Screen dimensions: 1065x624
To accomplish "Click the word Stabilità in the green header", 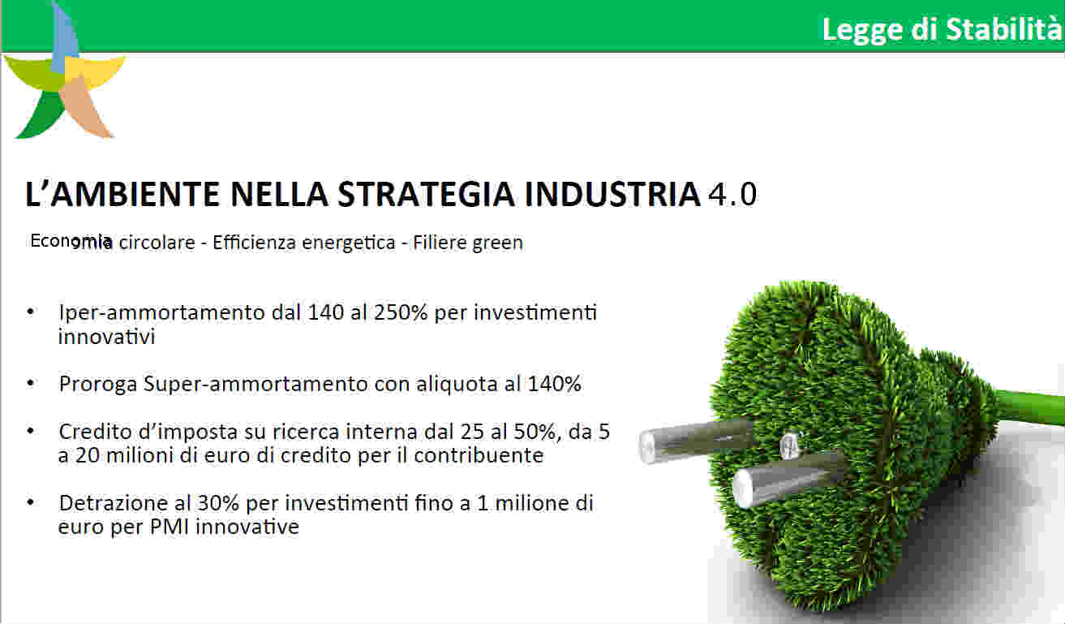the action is click(1003, 28).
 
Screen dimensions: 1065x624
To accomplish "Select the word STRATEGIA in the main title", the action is click(426, 194).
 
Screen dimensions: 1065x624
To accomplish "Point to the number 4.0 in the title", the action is click(732, 195).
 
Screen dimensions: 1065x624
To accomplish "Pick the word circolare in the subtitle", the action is click(157, 243).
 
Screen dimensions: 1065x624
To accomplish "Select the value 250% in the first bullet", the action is click(401, 313).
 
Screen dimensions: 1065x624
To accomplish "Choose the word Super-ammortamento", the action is click(256, 385).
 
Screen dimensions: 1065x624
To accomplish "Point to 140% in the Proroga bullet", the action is click(554, 384).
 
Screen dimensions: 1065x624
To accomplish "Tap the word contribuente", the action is click(479, 456).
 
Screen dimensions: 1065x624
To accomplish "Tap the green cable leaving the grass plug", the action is click(1029, 407).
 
